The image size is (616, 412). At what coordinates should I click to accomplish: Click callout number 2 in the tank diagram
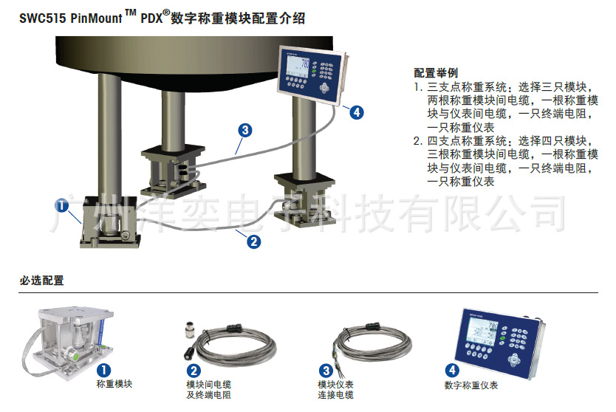(x=253, y=240)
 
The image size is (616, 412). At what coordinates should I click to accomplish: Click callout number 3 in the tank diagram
(x=246, y=130)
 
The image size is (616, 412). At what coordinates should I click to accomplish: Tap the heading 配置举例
(x=436, y=73)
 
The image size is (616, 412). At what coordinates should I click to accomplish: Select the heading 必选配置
(x=41, y=281)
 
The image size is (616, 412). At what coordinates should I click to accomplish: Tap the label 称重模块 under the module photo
(x=114, y=384)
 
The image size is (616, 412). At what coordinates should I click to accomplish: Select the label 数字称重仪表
(x=470, y=385)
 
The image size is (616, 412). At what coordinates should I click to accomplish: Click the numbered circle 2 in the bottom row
(x=194, y=371)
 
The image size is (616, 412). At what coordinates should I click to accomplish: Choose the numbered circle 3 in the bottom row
(x=325, y=371)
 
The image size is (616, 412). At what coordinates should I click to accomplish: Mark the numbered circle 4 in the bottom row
(x=452, y=371)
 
